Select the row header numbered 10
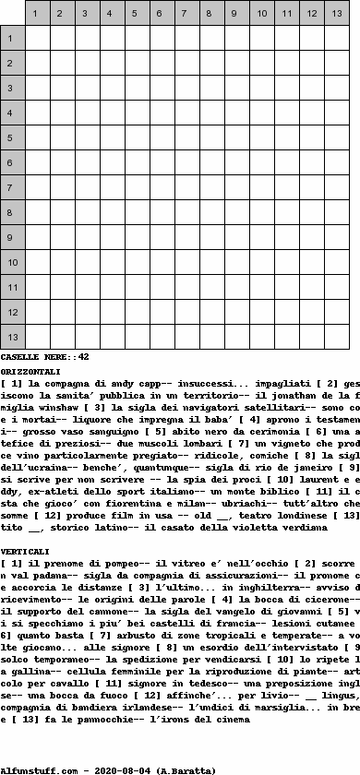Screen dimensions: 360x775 pyautogui.click(x=12, y=263)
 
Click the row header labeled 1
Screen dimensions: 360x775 pyautogui.click(x=12, y=39)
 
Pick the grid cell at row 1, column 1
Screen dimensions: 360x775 pyautogui.click(x=38, y=39)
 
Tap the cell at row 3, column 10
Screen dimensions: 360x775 pyautogui.click(x=262, y=89)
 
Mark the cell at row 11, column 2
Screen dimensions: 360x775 pyautogui.click(x=63, y=288)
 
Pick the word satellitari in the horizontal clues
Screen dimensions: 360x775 pyautogui.click(x=228, y=408)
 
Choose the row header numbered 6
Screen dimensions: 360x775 pyautogui.click(x=12, y=163)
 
